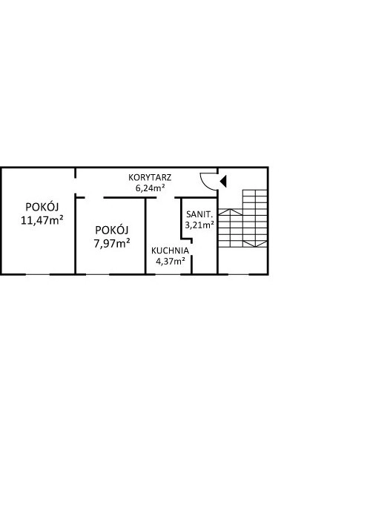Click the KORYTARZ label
[x=150, y=177]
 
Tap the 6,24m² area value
[x=150, y=188]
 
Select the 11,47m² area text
[x=42, y=220]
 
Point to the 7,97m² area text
[x=112, y=244]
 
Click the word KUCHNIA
[x=170, y=251]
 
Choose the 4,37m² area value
[x=171, y=261]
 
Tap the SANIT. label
[x=199, y=214]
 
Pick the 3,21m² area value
[x=199, y=225]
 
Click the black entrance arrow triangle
[x=223, y=181]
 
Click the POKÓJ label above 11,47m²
[x=42, y=207]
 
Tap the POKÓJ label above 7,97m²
[x=112, y=230]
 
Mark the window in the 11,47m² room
[x=38, y=274]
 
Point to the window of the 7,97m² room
[x=98, y=274]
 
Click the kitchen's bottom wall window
[x=168, y=274]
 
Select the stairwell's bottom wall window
[x=238, y=274]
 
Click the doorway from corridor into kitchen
[x=166, y=197]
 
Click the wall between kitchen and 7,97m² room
[x=146, y=236]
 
